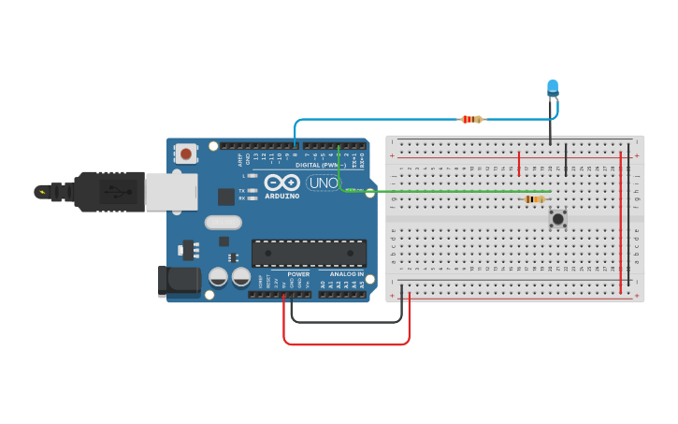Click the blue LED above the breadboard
(x=552, y=88)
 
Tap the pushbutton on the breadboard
(x=558, y=219)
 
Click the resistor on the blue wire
(x=472, y=119)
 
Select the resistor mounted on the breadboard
(x=535, y=198)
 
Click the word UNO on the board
(x=323, y=183)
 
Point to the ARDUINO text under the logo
(x=281, y=197)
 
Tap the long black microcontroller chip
(x=309, y=253)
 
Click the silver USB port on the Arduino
(x=171, y=191)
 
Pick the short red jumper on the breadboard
(x=519, y=164)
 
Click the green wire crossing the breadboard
(x=449, y=192)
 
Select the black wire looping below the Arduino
(x=346, y=321)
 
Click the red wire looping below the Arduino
(x=346, y=344)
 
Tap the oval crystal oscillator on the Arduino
(x=223, y=223)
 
